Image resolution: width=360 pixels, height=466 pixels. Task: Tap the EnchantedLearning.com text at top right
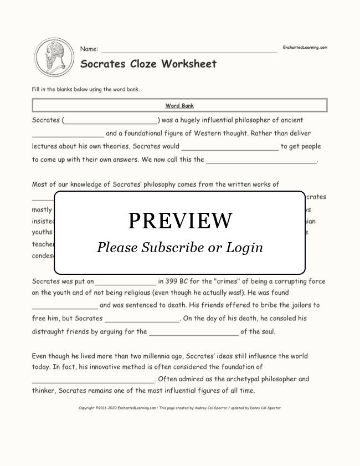point(305,48)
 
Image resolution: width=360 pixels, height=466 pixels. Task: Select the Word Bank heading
point(179,105)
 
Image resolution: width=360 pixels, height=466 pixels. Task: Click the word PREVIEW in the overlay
point(180,221)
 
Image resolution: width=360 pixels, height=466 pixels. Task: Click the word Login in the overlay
point(244,247)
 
